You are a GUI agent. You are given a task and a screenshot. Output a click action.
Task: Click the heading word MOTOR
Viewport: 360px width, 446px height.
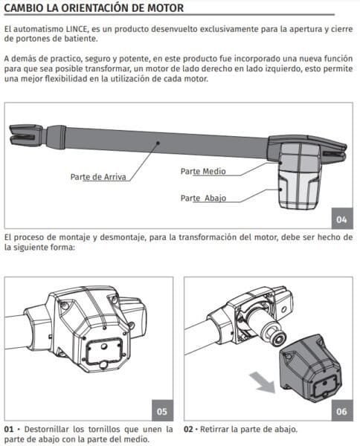(x=165, y=8)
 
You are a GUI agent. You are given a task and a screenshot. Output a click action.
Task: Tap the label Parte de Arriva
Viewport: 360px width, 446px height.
(x=98, y=177)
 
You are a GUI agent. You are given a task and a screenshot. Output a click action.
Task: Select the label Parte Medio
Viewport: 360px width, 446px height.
(x=203, y=171)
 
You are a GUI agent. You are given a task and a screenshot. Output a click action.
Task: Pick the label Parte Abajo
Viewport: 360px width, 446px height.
(x=203, y=198)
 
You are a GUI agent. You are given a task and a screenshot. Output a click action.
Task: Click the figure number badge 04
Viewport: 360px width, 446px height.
(x=342, y=219)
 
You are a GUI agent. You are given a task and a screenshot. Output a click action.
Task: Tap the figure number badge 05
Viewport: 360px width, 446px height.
(x=162, y=411)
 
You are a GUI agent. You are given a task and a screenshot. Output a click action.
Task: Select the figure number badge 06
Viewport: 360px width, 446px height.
(x=342, y=411)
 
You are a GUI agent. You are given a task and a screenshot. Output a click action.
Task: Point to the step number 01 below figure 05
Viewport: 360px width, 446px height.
(x=9, y=429)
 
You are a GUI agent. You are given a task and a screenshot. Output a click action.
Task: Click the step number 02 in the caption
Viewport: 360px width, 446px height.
(x=189, y=429)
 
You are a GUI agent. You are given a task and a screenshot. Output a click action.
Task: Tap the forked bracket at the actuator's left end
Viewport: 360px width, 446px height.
(x=26, y=135)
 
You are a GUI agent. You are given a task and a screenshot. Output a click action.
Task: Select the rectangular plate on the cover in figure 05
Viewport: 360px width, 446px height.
(x=104, y=352)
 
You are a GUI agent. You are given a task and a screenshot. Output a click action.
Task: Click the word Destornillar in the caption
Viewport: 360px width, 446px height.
(x=47, y=429)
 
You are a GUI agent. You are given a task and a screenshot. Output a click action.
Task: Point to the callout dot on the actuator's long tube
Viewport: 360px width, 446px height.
(x=158, y=143)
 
